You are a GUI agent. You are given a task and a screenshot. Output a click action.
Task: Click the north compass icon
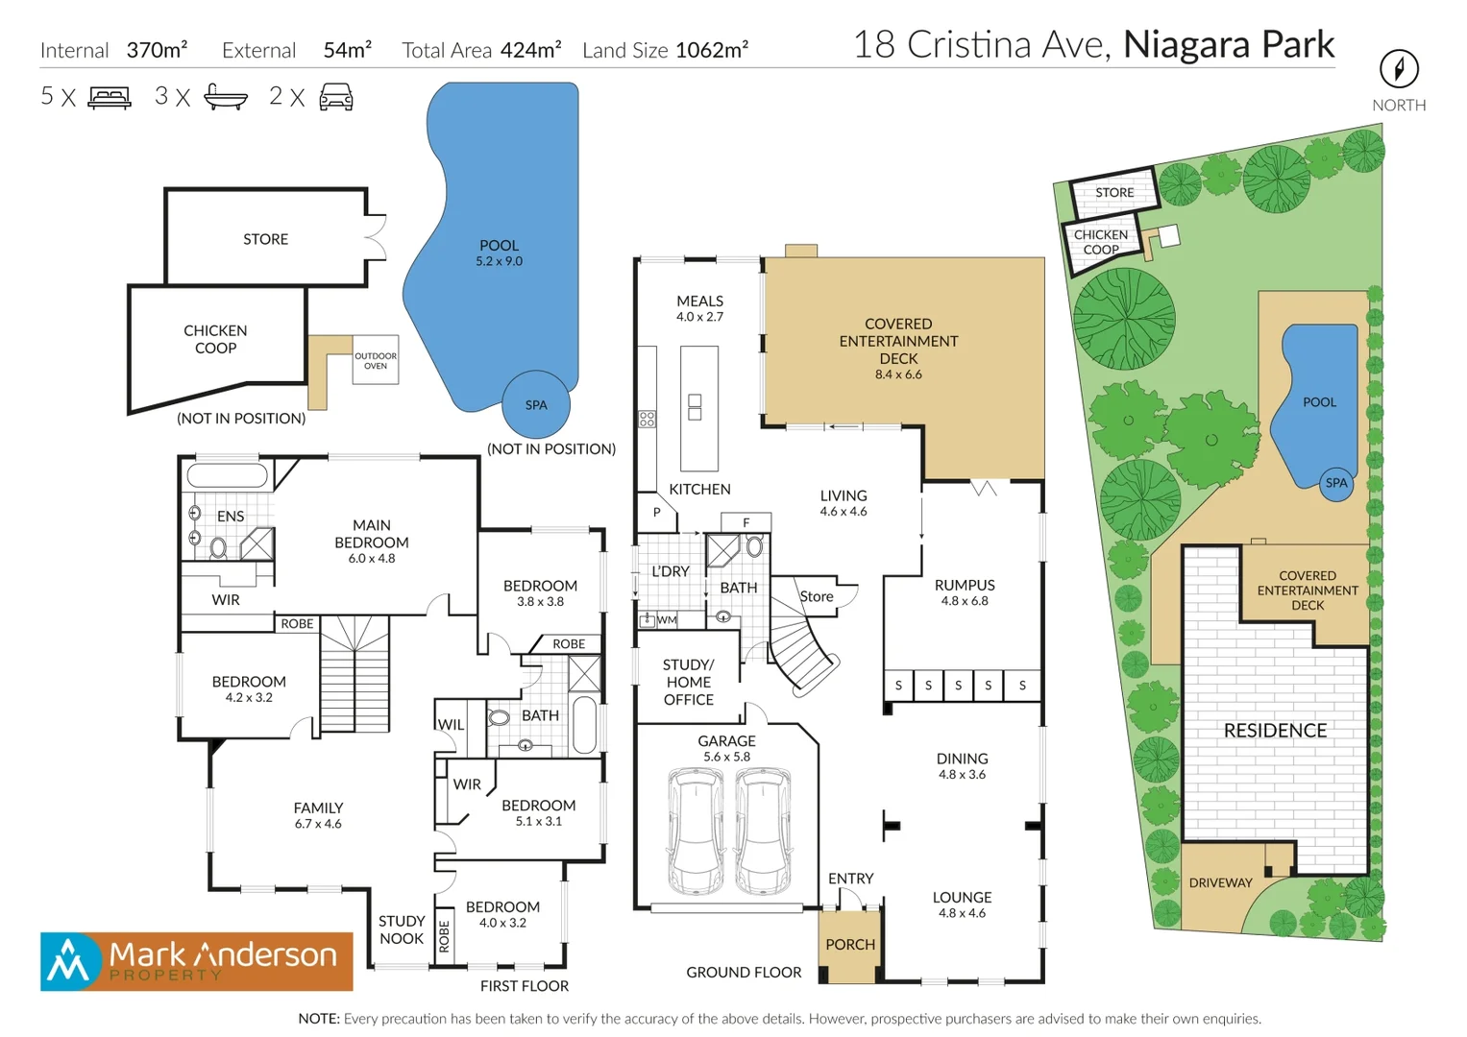click(x=1399, y=69)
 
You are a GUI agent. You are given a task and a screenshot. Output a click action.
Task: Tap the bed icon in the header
click(x=110, y=97)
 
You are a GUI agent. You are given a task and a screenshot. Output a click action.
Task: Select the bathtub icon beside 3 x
click(x=226, y=97)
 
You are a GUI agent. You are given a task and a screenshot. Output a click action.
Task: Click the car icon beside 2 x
click(x=336, y=97)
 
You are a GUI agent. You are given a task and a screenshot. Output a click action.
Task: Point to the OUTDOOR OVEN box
click(x=376, y=360)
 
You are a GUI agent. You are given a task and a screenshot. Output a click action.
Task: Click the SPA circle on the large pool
click(x=536, y=404)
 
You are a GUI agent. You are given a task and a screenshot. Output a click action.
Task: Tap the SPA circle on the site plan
click(x=1336, y=484)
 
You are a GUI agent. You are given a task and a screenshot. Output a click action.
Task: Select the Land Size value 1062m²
click(x=712, y=50)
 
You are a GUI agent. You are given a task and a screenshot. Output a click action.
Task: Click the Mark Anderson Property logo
click(x=197, y=961)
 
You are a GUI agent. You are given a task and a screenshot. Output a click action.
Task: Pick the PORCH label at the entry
click(x=850, y=944)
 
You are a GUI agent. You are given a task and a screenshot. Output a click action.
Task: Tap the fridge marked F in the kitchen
click(x=746, y=522)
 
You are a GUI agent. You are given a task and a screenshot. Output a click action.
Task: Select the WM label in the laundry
click(x=667, y=620)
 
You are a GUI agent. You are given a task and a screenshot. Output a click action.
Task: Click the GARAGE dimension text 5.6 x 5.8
click(x=727, y=757)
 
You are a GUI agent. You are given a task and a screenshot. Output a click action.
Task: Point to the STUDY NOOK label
click(x=402, y=929)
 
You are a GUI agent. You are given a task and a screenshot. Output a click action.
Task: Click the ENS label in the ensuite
click(x=231, y=516)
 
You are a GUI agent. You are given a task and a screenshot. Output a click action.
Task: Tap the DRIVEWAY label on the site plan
click(x=1221, y=882)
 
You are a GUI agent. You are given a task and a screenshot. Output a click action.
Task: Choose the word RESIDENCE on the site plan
click(x=1275, y=730)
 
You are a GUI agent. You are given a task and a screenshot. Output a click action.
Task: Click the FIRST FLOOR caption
click(x=524, y=986)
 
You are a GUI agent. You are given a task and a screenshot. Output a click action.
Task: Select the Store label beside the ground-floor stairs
click(x=816, y=596)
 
